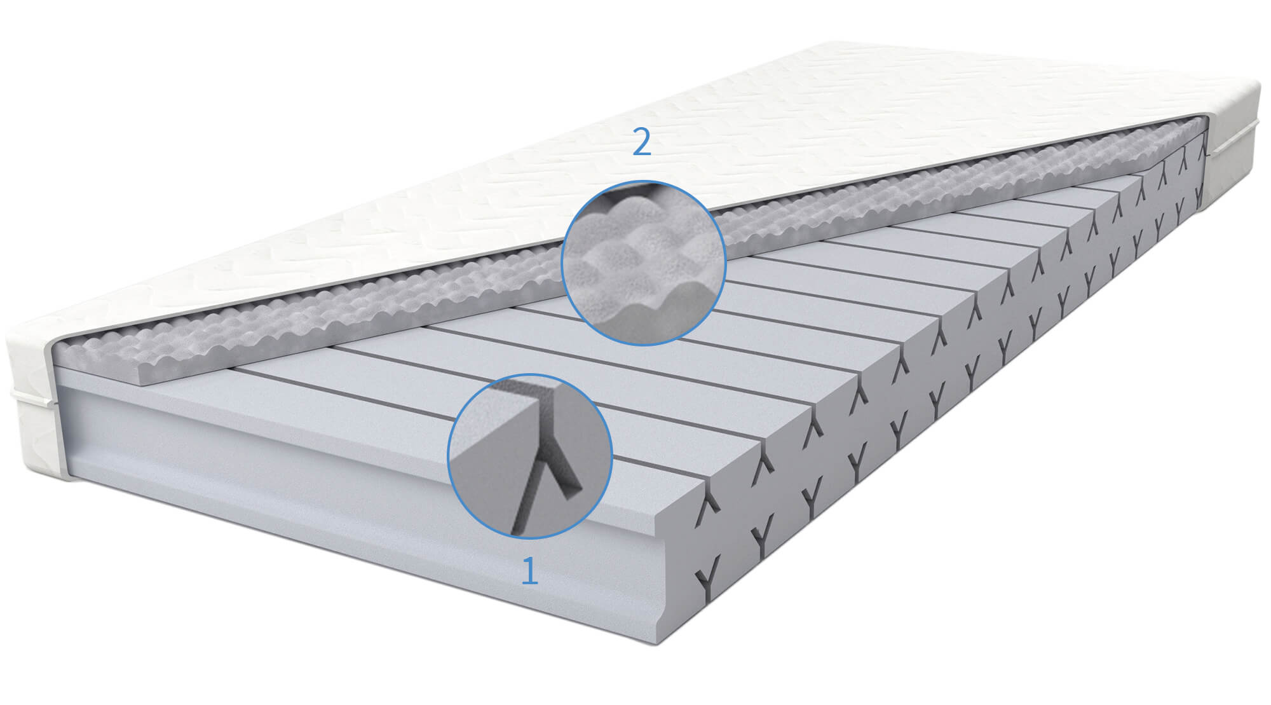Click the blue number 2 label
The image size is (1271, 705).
[x=642, y=143]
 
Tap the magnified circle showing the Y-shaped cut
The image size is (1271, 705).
[x=530, y=456]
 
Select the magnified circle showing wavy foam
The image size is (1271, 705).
[x=643, y=263]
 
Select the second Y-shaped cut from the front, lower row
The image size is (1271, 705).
[x=761, y=538]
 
